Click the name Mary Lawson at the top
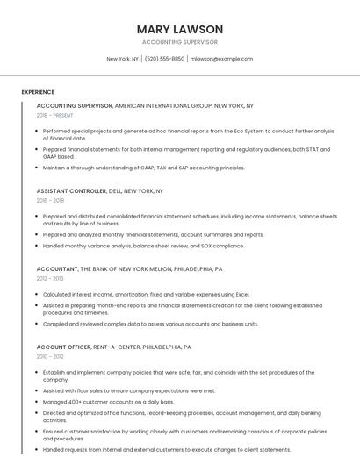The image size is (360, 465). pos(180,29)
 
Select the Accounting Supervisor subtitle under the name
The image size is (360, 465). pos(180,42)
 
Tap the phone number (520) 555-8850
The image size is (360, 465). pos(164,59)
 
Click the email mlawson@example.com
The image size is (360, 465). pos(221,59)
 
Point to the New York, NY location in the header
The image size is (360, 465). pos(123,59)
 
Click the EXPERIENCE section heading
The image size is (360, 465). pos(38,91)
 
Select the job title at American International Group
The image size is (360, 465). pos(145,105)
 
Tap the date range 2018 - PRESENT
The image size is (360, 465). pos(55,115)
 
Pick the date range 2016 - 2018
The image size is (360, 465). pos(50,200)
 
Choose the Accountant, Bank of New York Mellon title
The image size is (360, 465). pos(129,269)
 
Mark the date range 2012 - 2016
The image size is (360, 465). pos(50,279)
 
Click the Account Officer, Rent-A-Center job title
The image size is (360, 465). pos(113,347)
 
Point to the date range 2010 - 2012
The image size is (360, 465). pos(50,356)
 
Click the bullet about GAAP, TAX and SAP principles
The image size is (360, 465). pos(144,167)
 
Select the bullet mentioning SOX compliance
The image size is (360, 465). pos(144,246)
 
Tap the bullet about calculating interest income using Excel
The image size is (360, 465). pos(147,294)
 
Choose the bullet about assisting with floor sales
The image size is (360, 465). pos(129,390)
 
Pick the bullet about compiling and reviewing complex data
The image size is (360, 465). pos(150,323)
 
